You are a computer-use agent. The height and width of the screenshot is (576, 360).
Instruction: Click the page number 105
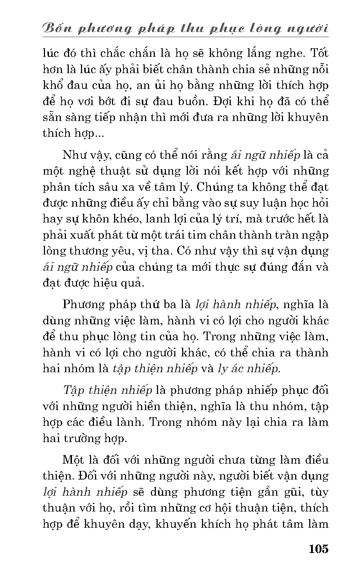click(x=318, y=549)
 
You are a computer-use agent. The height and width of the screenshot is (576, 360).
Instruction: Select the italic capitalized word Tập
click(x=73, y=391)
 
